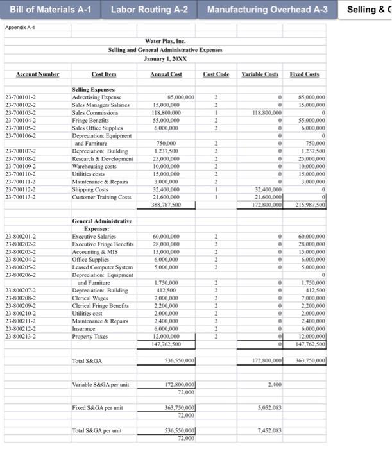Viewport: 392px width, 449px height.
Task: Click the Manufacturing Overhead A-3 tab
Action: click(x=267, y=10)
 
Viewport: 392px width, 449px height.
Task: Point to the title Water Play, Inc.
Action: click(x=165, y=41)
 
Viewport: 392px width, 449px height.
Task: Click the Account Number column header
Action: click(x=37, y=74)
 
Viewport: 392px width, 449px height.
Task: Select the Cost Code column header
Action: click(x=216, y=74)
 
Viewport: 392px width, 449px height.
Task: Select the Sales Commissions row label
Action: click(x=95, y=112)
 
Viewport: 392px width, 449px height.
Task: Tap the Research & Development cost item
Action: click(x=103, y=158)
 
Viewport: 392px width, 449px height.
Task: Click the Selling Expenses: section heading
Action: click(x=94, y=90)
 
